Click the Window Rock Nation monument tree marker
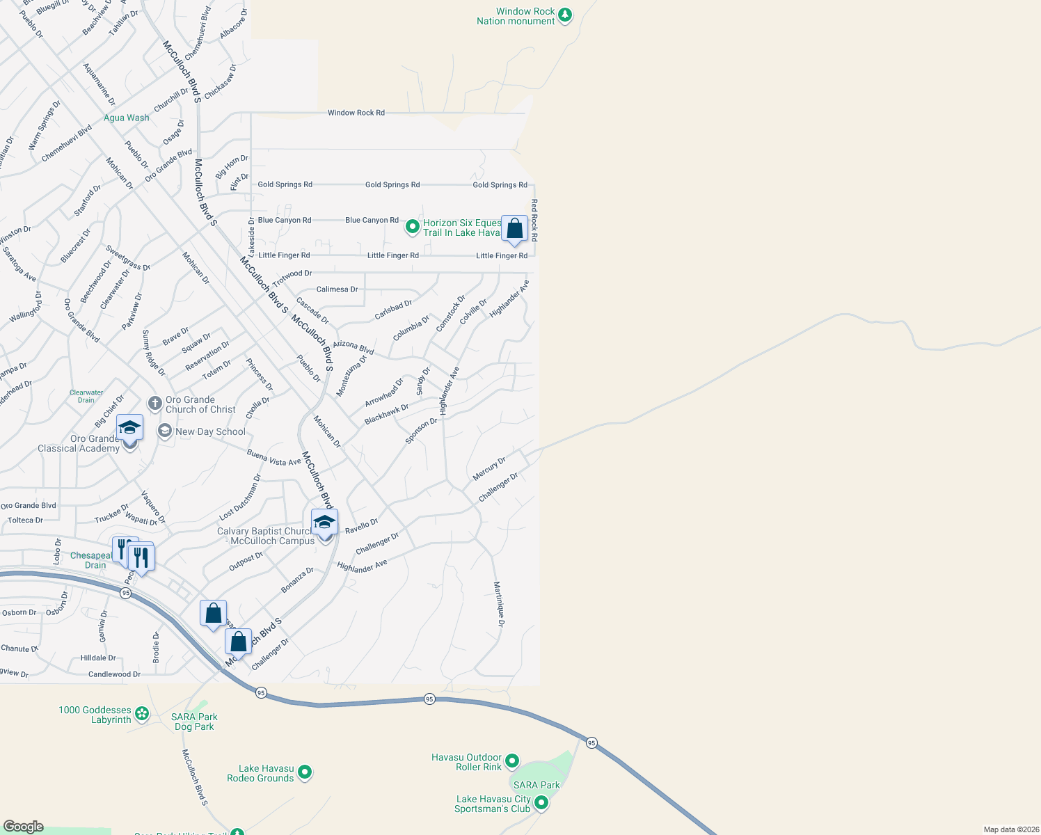click(565, 15)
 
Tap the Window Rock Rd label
click(356, 113)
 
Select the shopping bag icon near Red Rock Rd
click(514, 228)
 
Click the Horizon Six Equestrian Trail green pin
click(412, 227)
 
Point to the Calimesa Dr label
click(337, 289)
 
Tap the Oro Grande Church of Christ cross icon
click(154, 404)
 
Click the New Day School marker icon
click(165, 431)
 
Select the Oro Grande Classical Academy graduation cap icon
click(129, 427)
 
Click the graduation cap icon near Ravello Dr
click(324, 522)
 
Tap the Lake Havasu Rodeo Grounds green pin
click(304, 772)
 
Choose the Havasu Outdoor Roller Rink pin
click(512, 761)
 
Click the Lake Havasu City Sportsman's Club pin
click(541, 803)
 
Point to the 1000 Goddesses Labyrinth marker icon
click(142, 713)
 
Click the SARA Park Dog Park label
click(194, 722)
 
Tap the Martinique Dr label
click(498, 604)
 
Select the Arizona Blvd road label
click(353, 347)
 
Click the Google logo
click(23, 826)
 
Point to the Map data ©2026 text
click(1009, 829)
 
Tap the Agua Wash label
click(126, 118)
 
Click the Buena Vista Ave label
click(273, 457)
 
